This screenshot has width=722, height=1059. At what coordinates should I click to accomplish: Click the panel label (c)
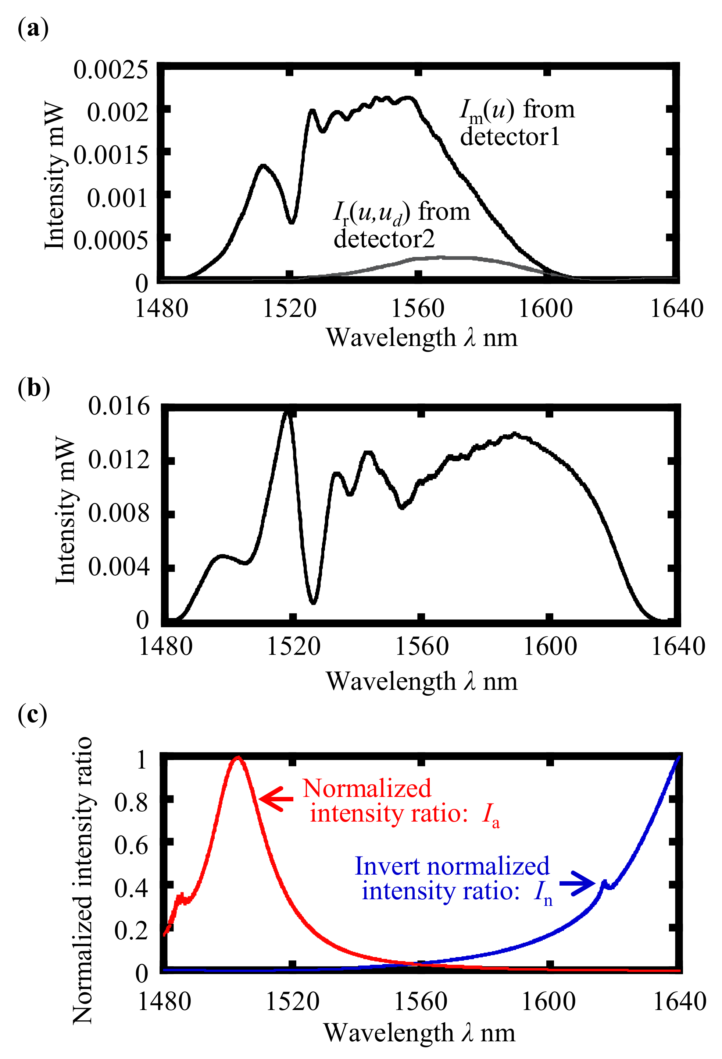[x=32, y=714]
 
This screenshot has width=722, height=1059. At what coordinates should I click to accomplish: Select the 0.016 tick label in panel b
[x=118, y=406]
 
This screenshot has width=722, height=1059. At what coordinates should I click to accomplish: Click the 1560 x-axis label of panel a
[x=418, y=308]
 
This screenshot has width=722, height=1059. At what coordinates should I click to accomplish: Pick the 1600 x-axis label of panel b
[x=550, y=646]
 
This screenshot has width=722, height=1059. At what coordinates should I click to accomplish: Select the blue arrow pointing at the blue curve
[x=577, y=883]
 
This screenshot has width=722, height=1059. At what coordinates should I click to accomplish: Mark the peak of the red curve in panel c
[x=237, y=758]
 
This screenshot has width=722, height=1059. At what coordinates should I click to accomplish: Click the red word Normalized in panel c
[x=367, y=788]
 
